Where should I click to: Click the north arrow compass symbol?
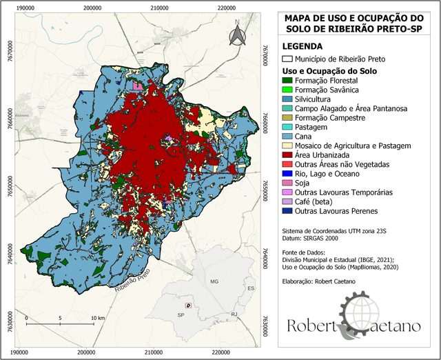[236, 34]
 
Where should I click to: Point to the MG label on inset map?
[214, 282]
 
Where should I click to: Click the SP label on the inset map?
[181, 314]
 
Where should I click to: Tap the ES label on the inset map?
[251, 288]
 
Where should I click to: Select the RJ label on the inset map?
[234, 314]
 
